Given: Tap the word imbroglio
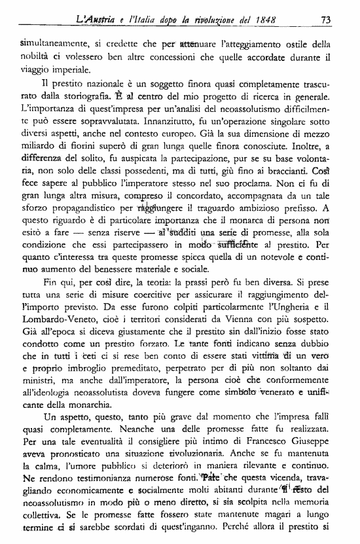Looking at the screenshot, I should tap(86, 396).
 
